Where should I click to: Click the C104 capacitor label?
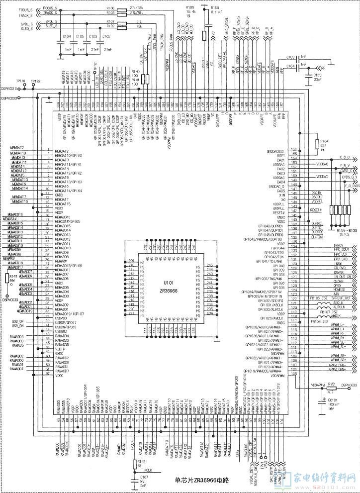[x=67, y=36]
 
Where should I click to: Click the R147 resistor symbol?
[x=7, y=279]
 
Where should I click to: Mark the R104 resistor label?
[x=324, y=141]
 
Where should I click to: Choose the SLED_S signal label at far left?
[x=10, y=29]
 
